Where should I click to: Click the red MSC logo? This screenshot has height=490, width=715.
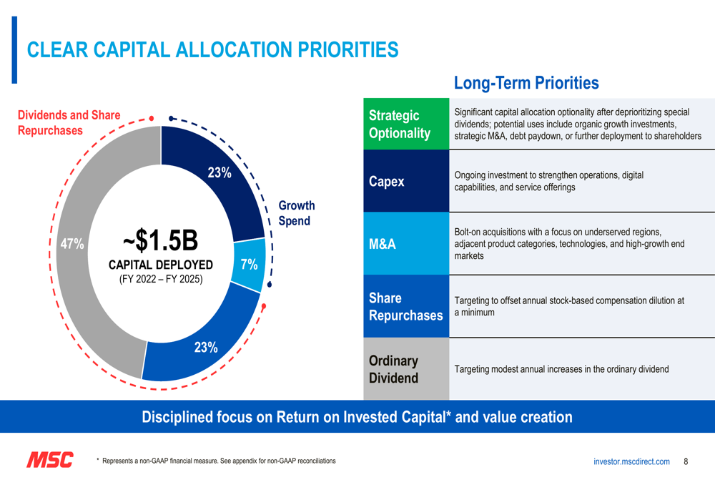click(x=49, y=460)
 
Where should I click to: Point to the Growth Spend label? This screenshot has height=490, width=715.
click(x=296, y=213)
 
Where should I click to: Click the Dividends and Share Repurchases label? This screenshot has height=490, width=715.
click(x=69, y=122)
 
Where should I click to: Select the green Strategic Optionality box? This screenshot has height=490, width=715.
click(x=406, y=124)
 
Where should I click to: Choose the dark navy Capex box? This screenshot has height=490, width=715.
click(x=406, y=181)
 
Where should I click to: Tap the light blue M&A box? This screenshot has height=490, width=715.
click(x=406, y=244)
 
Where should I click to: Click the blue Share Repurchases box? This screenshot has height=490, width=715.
click(x=406, y=306)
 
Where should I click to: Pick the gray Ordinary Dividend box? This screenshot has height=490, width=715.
click(x=406, y=368)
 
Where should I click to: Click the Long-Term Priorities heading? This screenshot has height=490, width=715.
click(x=526, y=83)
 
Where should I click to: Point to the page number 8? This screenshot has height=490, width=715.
click(x=686, y=461)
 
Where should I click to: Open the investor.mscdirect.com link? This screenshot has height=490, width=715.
click(x=631, y=462)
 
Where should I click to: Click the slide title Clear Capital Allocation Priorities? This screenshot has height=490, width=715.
click(x=212, y=49)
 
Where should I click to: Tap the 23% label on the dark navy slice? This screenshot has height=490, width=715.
click(x=219, y=172)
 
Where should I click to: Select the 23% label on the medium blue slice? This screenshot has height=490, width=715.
click(x=206, y=348)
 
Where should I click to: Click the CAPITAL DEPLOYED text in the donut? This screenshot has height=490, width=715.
click(x=160, y=265)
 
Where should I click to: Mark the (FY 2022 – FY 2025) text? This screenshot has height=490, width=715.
click(x=160, y=279)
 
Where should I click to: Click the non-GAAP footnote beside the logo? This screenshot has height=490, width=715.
click(x=219, y=461)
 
